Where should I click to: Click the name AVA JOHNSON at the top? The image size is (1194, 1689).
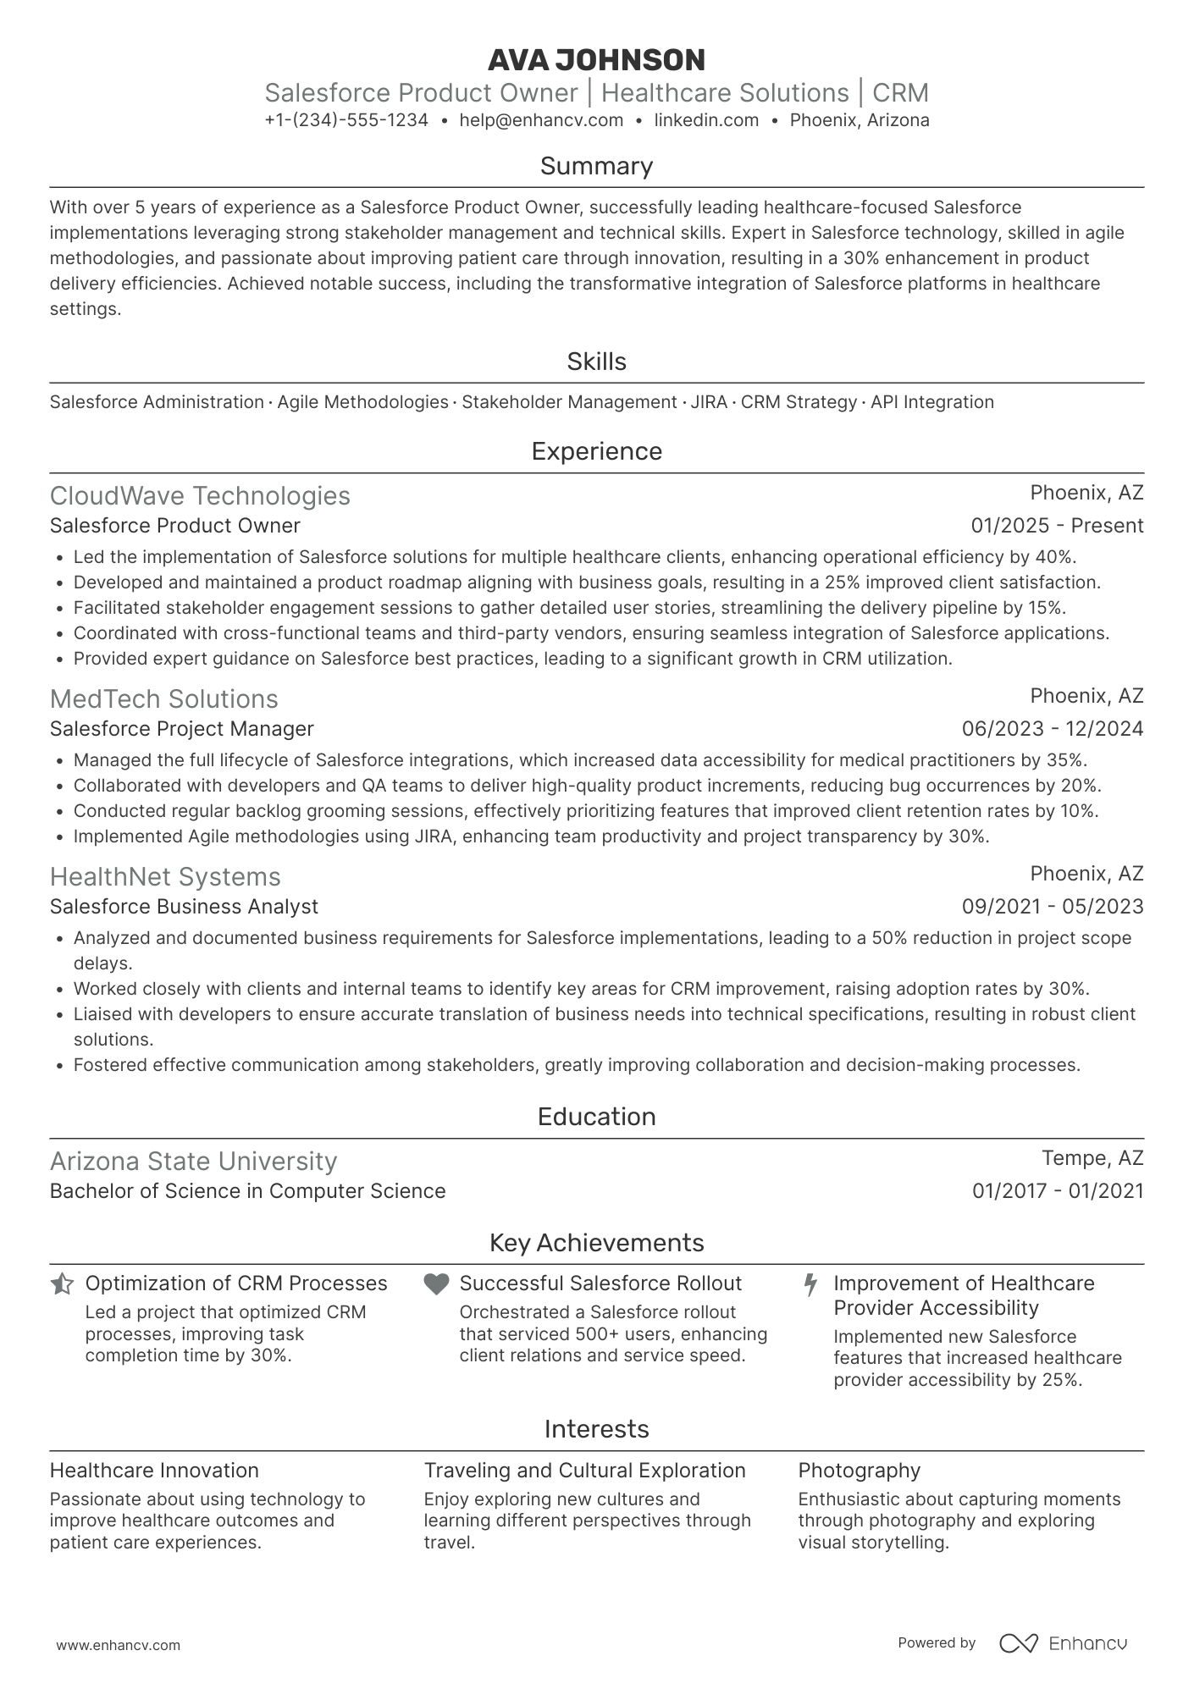tap(596, 60)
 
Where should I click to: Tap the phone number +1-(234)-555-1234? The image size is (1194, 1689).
tap(346, 120)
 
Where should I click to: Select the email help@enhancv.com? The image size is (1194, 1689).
tap(541, 120)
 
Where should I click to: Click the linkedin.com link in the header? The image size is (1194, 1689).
tap(706, 120)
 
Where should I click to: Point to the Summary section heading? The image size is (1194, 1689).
tap(596, 166)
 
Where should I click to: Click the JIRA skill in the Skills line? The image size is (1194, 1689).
tap(709, 402)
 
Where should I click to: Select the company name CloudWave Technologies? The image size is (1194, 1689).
tap(200, 496)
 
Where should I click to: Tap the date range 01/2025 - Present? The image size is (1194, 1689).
tap(1057, 526)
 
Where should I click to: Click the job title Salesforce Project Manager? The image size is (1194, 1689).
tap(181, 729)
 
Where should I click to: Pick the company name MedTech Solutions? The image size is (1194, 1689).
tap(163, 699)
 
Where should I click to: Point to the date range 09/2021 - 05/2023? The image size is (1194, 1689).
tap(1052, 907)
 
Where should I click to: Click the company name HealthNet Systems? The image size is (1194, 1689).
tap(165, 877)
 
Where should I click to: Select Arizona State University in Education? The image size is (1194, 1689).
tap(193, 1162)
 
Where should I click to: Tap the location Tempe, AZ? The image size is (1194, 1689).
tap(1092, 1158)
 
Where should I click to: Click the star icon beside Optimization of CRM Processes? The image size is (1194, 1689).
tap(62, 1284)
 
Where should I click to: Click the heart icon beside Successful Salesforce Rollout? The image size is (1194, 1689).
tap(436, 1284)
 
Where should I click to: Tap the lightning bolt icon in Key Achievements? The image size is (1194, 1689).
tap(810, 1284)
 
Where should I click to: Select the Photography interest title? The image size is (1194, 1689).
tap(859, 1471)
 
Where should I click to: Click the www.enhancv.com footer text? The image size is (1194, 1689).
tap(118, 1646)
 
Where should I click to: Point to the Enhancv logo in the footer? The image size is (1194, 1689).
tap(1064, 1643)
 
